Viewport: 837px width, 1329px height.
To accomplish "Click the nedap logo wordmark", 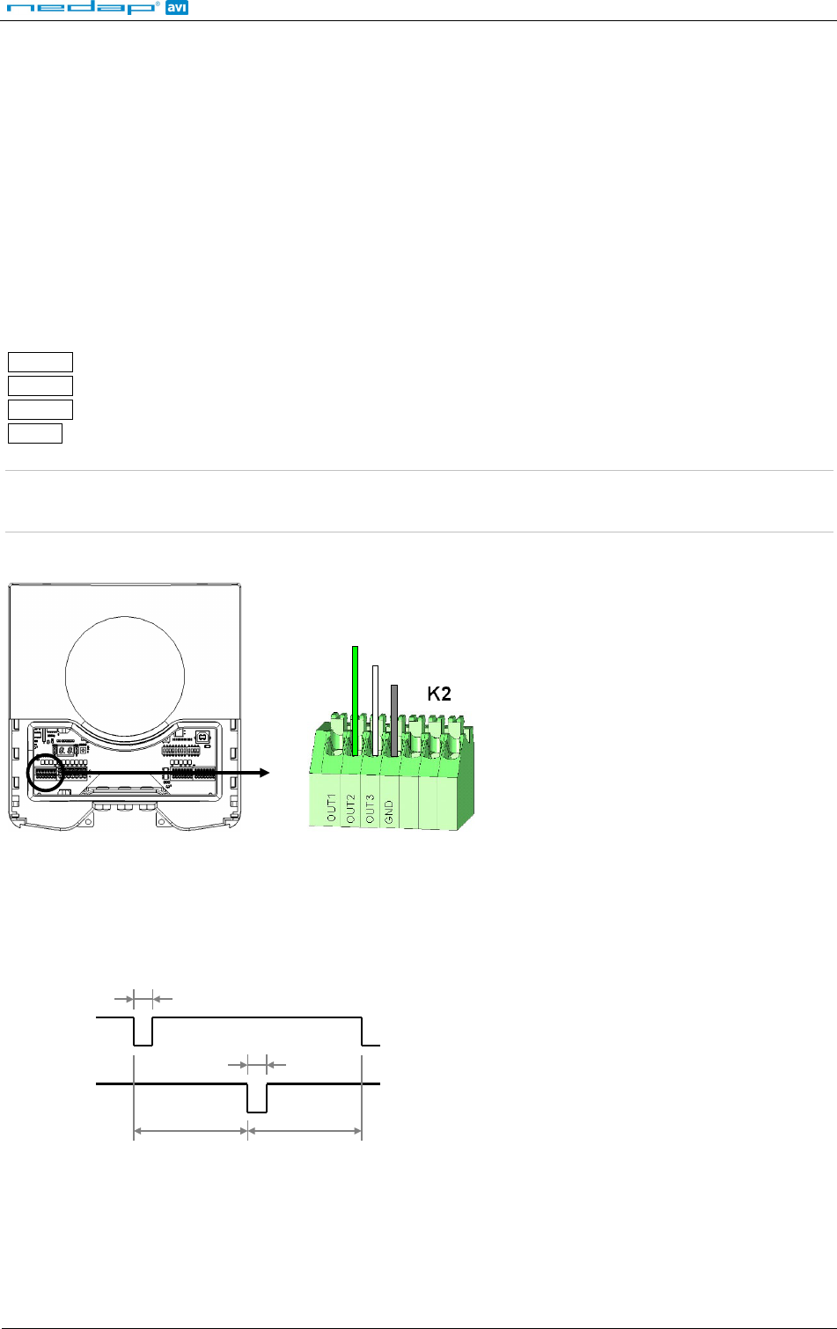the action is tap(82, 8).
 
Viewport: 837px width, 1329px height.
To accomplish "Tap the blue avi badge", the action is tap(176, 8).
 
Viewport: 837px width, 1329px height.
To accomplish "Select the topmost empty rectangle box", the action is tap(40, 362).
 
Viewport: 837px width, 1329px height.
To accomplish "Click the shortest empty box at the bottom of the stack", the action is tap(35, 433).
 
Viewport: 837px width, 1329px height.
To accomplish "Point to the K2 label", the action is tap(439, 694).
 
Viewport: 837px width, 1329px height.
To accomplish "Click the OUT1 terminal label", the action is tap(331, 807).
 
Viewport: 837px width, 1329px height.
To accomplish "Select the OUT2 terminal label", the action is tap(350, 809).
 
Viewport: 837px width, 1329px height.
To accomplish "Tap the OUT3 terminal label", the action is tap(371, 809).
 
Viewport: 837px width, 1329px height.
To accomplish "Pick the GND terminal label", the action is tap(389, 811).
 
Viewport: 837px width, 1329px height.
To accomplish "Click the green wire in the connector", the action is tap(355, 701).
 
